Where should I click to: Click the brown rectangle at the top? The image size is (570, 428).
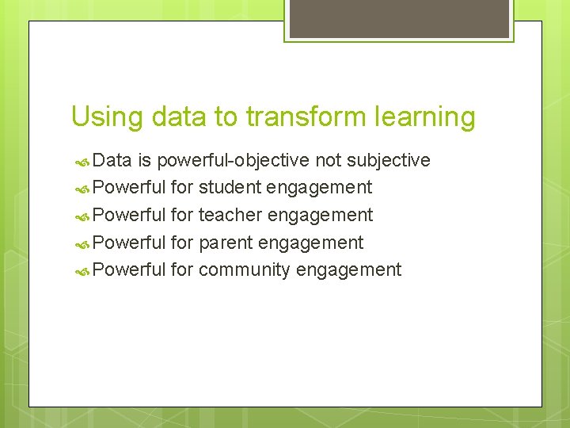point(399,18)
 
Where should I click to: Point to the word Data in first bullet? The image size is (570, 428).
point(112,161)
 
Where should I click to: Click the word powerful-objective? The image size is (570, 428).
point(234,161)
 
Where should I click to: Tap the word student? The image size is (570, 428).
point(230,188)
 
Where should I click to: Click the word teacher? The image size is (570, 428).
point(231,215)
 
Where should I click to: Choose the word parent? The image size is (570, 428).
point(226,243)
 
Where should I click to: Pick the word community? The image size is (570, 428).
point(245,270)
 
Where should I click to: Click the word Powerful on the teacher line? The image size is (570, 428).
point(128,215)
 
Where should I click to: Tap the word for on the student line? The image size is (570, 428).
point(182,188)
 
